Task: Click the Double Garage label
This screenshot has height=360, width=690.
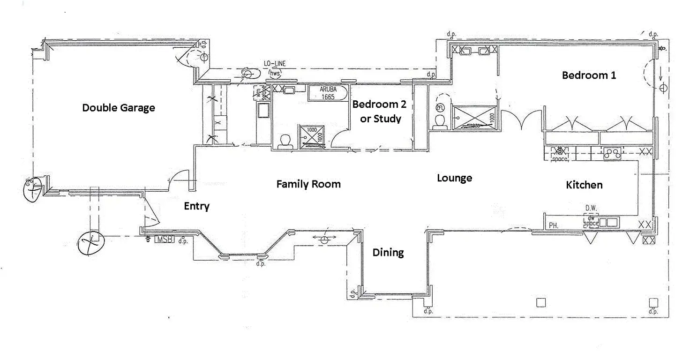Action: (118, 108)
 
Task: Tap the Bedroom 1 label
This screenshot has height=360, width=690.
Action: (589, 75)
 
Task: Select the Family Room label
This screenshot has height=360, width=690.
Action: (308, 184)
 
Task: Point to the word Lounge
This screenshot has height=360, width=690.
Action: (454, 178)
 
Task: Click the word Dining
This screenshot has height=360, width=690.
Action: (388, 253)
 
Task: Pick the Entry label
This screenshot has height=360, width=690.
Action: (196, 206)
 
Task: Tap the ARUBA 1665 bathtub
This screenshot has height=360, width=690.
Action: (327, 93)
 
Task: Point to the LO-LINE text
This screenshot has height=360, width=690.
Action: (274, 64)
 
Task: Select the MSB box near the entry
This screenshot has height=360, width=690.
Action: (164, 240)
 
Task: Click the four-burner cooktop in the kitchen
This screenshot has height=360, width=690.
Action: (612, 152)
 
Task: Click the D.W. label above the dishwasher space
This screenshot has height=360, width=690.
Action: (590, 208)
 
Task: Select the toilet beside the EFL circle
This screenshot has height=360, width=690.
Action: (439, 121)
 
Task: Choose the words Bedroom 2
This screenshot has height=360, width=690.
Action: (379, 104)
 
